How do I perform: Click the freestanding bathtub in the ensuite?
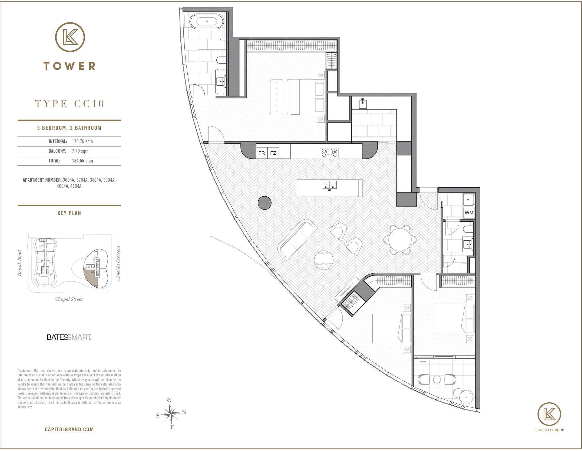point(207,21)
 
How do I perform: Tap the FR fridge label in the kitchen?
point(262,153)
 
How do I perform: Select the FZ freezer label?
point(273,153)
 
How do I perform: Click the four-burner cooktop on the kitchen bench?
point(329,153)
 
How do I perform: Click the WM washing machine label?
point(469,213)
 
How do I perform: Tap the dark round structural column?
point(264,203)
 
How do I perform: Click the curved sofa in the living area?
point(297,239)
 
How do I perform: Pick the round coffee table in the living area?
point(323,260)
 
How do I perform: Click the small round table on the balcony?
point(437,380)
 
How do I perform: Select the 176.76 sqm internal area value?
point(82,141)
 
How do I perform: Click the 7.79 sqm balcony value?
point(80,151)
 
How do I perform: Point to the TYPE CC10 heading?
point(70,104)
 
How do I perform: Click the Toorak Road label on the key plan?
point(19,263)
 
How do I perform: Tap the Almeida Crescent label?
point(118,263)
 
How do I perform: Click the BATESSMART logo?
point(69,337)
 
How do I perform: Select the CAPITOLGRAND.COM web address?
point(69,429)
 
